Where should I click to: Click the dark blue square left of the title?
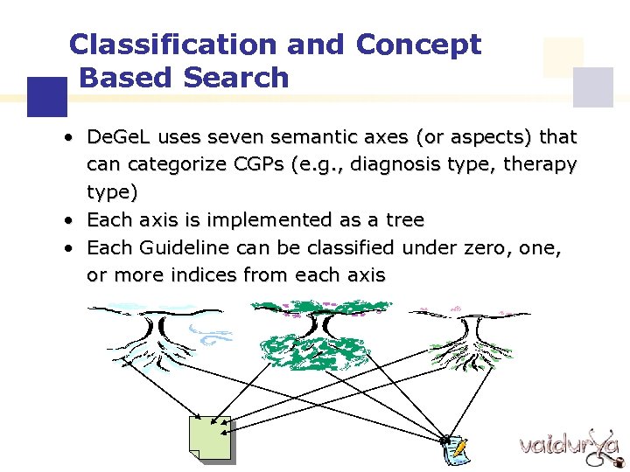click(x=46, y=96)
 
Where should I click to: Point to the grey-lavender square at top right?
click(x=592, y=87)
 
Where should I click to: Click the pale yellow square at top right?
click(x=563, y=57)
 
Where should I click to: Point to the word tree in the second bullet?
click(x=403, y=219)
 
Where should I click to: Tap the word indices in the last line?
click(x=190, y=274)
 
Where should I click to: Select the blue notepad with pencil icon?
click(x=453, y=449)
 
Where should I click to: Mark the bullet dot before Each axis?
click(x=67, y=220)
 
